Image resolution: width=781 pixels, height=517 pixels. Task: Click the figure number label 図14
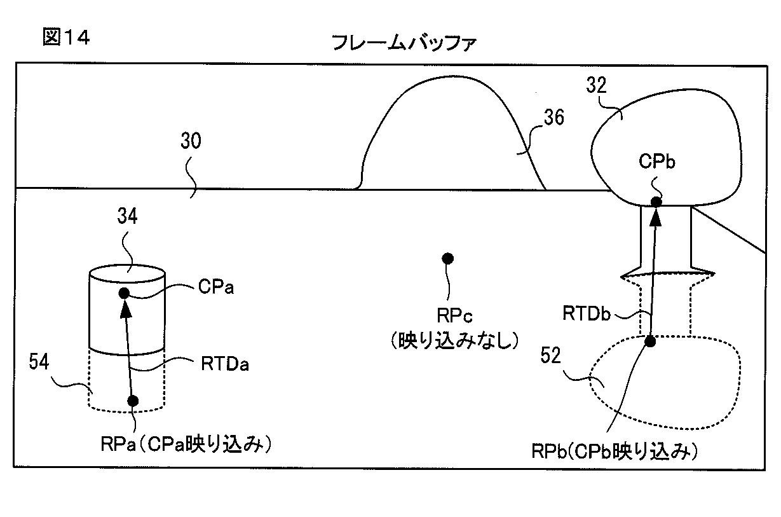tap(66, 37)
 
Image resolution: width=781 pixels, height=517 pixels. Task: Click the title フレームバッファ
tap(404, 43)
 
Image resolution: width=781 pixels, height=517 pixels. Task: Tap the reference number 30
tap(191, 141)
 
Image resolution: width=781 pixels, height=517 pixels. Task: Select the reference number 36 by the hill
tap(553, 117)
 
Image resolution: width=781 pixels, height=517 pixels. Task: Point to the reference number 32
tap(596, 85)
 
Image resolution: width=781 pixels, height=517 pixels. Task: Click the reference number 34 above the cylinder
tap(127, 216)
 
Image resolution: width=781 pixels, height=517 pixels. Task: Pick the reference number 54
tap(39, 361)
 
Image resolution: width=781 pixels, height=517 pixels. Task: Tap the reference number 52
tap(550, 355)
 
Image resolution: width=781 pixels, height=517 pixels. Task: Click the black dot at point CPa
tap(124, 293)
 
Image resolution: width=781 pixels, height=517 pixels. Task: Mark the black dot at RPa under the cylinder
tap(133, 401)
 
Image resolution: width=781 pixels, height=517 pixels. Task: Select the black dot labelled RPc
tap(447, 258)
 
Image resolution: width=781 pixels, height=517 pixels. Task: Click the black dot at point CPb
tap(656, 202)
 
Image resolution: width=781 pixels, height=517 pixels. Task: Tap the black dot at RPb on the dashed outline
tap(649, 341)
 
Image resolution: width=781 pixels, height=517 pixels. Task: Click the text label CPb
tap(657, 161)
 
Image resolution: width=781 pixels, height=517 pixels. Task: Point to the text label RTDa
tap(225, 364)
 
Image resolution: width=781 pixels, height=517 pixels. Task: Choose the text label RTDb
tap(587, 314)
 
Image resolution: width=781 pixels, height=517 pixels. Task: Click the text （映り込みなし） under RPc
tap(454, 340)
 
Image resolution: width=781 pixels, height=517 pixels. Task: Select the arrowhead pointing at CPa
tap(126, 308)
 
